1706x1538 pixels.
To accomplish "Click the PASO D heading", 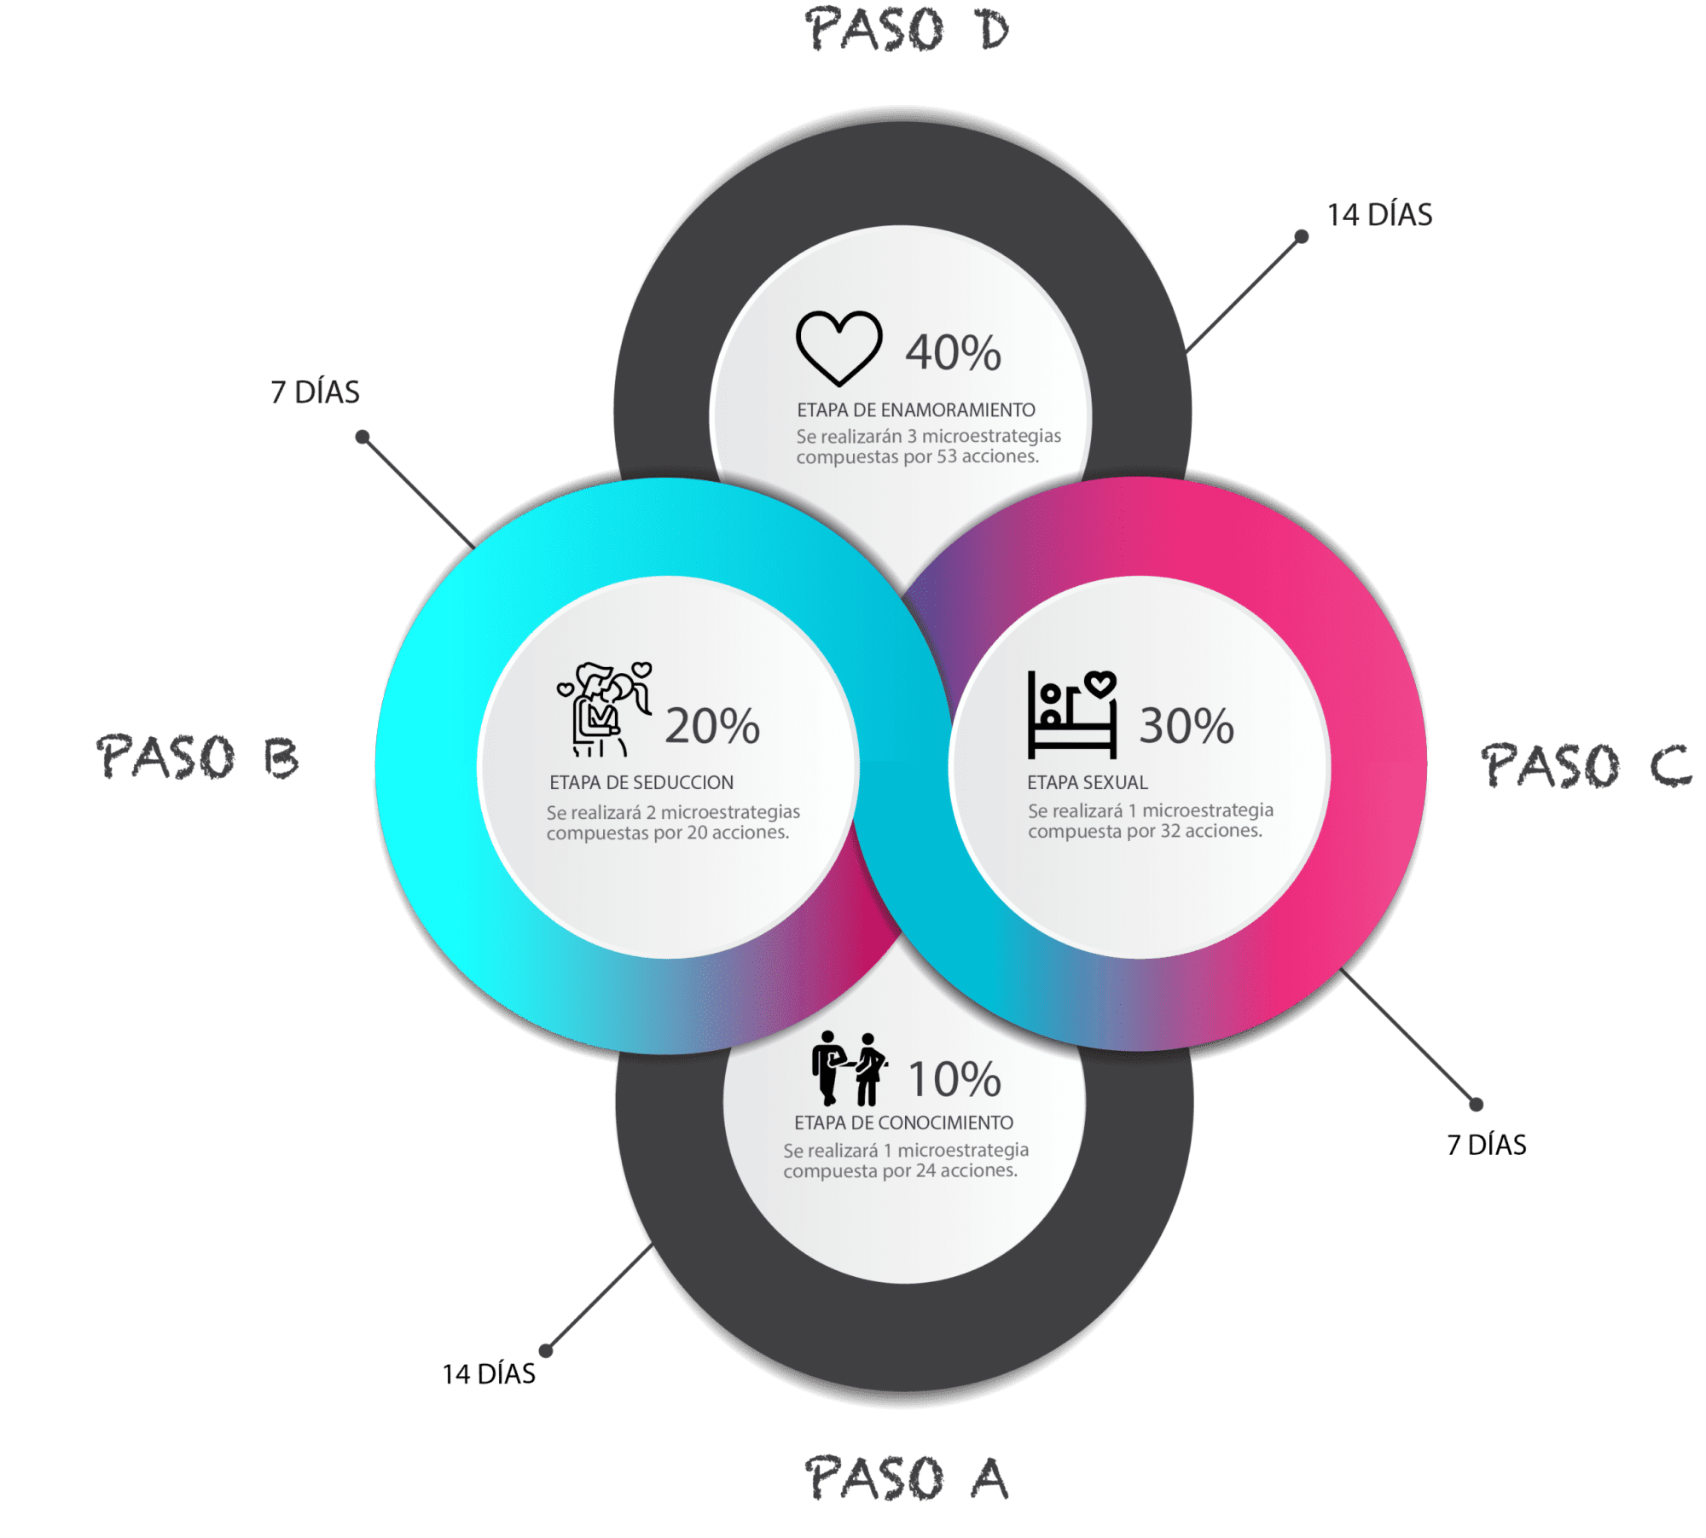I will click(908, 31).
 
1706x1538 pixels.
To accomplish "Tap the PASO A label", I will click(908, 1478).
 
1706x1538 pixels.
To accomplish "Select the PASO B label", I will click(198, 757).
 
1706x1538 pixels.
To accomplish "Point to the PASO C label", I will click(1586, 764).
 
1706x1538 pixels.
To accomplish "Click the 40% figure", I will click(953, 352).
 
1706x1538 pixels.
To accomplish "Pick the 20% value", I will click(712, 726).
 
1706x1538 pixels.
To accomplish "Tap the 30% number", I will click(1187, 726).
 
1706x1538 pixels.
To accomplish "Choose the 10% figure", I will click(955, 1079).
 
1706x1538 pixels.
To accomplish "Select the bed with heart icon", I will click(1072, 715).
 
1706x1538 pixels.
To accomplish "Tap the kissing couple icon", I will click(604, 709).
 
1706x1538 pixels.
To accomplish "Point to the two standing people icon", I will click(850, 1068).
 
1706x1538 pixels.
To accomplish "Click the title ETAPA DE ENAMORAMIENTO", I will click(916, 410).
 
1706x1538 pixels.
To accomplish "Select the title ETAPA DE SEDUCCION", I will click(641, 782).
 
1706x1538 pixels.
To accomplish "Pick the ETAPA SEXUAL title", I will click(1088, 782).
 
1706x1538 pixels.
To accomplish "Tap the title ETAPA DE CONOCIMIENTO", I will click(903, 1123).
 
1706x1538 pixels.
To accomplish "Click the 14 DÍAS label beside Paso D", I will click(1379, 215).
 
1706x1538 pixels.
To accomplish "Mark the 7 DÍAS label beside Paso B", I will click(315, 392).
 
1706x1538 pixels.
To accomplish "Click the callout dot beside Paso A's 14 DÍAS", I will click(546, 1350).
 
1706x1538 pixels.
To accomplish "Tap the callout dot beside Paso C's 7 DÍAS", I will click(1477, 1104).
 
